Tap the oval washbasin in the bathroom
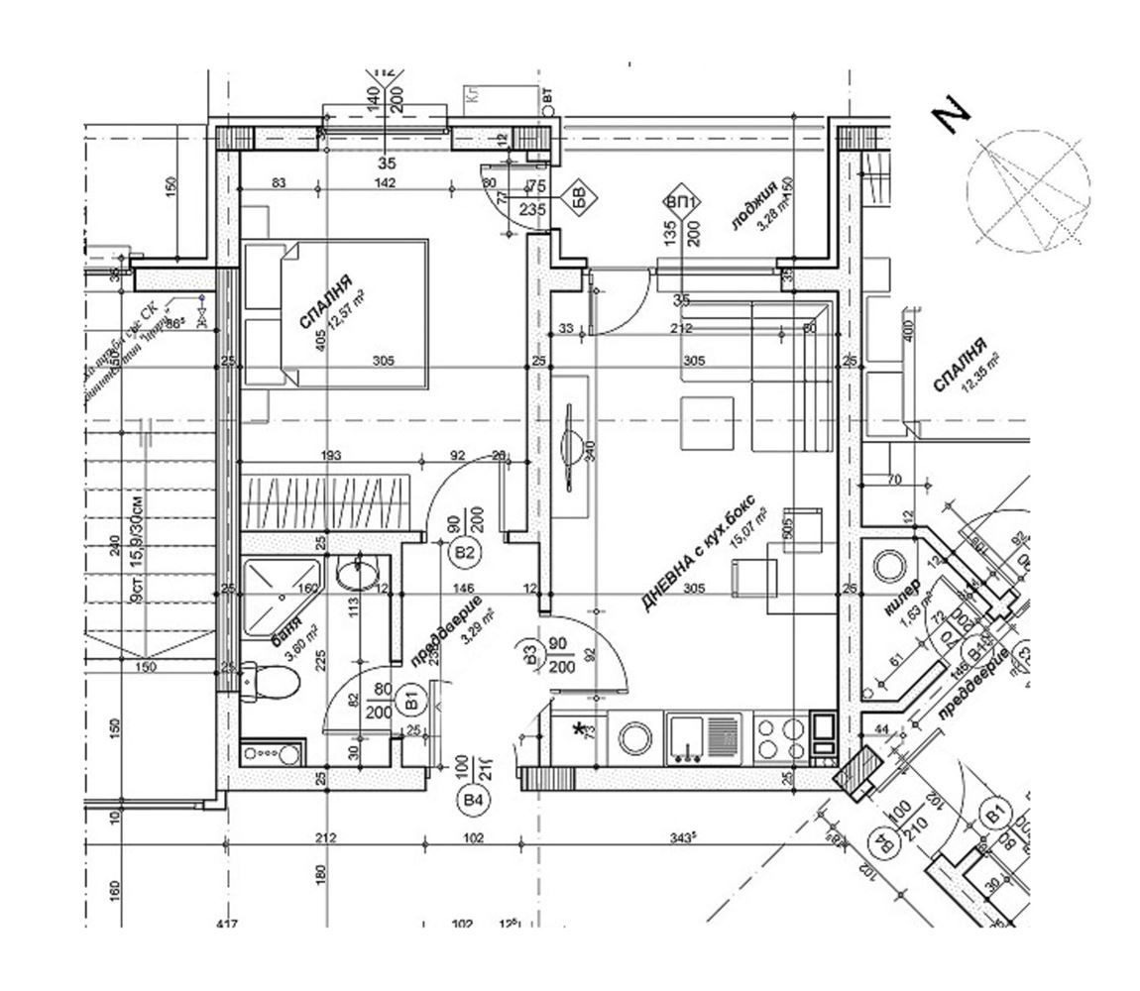pyautogui.click(x=357, y=573)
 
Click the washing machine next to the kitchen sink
pyautogui.click(x=633, y=738)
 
